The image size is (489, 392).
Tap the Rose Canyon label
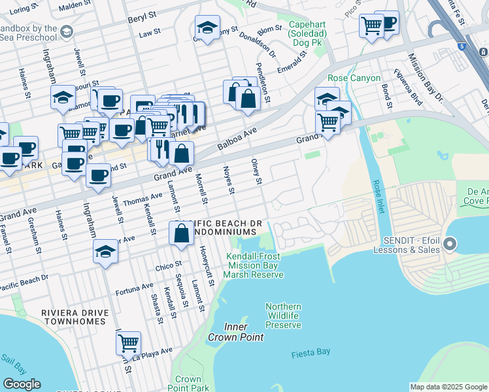pos(354,78)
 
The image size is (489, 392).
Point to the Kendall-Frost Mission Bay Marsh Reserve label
pos(254,265)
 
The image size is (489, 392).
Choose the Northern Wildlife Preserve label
pos(284,316)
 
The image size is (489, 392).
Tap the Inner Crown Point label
pos(235,332)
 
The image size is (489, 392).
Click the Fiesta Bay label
pos(311,353)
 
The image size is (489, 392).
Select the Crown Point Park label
pos(188,383)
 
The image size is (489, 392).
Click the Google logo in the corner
pos(21,384)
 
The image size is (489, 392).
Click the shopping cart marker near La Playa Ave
pos(128,342)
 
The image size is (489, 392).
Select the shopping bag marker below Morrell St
pos(181,233)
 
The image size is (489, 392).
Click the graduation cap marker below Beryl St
pos(207,28)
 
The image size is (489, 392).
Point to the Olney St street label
pos(257,171)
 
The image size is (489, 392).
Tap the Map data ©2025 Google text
pos(448,387)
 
